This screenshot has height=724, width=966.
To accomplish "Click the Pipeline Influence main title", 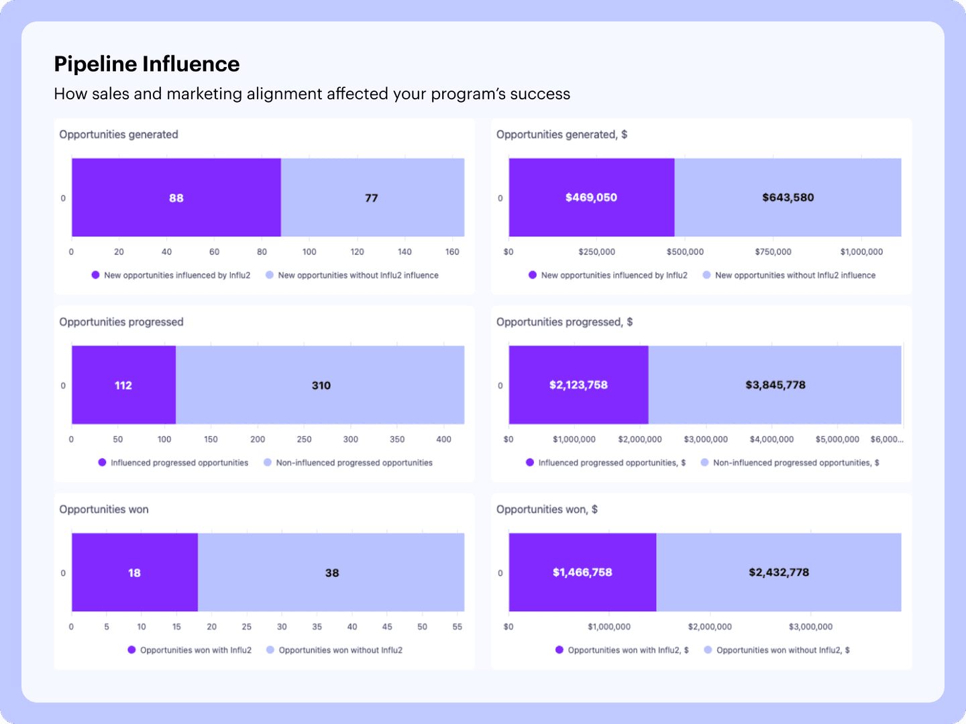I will (146, 64).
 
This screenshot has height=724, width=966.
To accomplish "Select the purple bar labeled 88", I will (176, 198).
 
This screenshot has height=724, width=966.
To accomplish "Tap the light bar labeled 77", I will (372, 198).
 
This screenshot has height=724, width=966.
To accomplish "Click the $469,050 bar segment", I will (591, 197).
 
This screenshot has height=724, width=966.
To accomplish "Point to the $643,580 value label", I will (788, 197).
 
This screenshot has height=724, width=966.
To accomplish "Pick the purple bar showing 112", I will (123, 385).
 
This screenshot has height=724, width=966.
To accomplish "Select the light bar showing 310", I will (321, 385).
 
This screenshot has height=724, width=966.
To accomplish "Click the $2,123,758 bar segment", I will (578, 384).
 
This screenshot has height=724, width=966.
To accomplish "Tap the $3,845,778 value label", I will (775, 384).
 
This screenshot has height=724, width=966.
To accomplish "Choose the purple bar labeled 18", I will (134, 572).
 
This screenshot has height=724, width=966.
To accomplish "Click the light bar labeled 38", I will (332, 572).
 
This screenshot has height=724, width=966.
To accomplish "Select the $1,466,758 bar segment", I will (582, 572).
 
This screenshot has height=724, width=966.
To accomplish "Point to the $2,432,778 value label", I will (779, 572).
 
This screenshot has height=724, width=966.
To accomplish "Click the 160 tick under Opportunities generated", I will (452, 252).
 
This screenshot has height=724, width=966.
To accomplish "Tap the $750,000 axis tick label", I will (773, 252).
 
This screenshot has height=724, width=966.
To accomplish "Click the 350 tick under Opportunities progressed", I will (397, 439).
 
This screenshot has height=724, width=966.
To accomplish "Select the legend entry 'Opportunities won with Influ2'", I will (195, 650).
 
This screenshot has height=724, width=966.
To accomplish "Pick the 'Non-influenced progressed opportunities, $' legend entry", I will (796, 463).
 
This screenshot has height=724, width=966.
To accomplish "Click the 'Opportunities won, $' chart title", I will (547, 509).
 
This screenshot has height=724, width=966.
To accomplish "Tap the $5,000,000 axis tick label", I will (837, 439).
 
